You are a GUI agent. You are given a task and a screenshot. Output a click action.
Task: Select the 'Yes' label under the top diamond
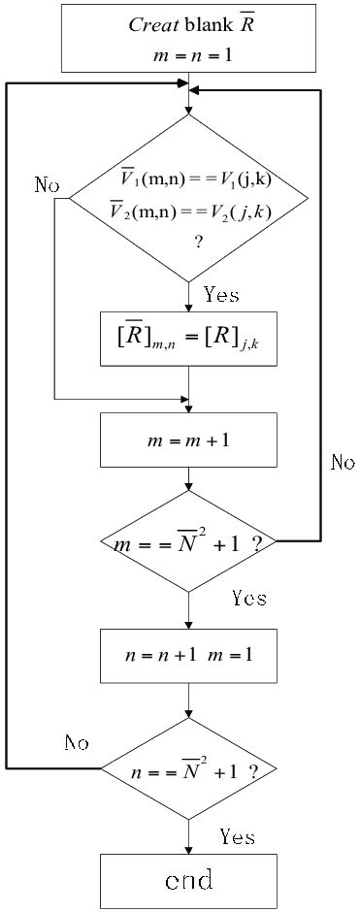click(221, 294)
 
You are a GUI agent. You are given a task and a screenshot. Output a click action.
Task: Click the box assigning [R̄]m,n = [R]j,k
click(188, 338)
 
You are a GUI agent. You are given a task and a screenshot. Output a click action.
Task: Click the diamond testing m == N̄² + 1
click(188, 541)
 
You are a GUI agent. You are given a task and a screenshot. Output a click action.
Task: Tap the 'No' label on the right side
click(343, 463)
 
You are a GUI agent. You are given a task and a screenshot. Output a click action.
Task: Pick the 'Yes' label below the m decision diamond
click(248, 598)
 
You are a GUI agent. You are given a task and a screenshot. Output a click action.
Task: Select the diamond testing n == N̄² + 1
click(188, 771)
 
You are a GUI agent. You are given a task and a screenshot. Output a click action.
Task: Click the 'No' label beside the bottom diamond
click(78, 743)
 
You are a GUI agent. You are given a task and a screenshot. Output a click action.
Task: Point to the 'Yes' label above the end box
click(237, 835)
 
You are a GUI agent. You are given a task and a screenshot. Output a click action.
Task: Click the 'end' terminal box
click(188, 880)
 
